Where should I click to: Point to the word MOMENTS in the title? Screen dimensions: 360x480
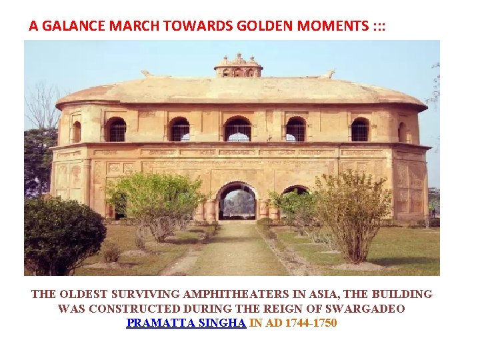pos(331,26)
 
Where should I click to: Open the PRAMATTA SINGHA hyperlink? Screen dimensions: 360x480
pos(186,323)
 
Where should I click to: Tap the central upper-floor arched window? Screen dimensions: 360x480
pos(238,129)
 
